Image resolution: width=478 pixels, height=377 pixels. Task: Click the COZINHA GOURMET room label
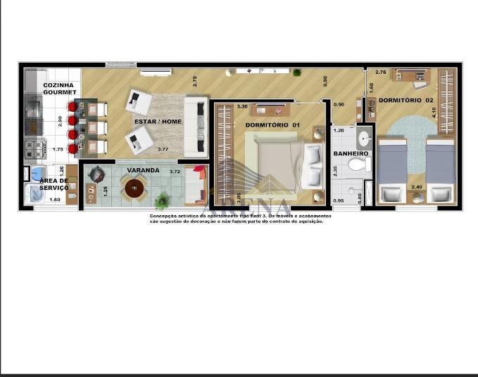(59, 88)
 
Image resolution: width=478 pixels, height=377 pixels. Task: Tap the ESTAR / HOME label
(158, 122)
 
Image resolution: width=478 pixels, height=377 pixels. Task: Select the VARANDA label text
(143, 170)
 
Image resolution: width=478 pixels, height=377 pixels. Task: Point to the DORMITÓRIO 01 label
(272, 125)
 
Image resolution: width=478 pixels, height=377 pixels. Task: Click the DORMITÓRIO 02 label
(405, 101)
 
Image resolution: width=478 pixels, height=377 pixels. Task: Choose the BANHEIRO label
(351, 153)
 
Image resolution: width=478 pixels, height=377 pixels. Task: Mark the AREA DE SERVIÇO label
(54, 184)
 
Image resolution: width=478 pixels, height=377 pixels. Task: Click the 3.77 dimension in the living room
(162, 149)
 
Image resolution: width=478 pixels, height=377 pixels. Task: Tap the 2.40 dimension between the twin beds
(417, 186)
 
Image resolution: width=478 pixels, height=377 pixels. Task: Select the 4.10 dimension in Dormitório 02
(434, 112)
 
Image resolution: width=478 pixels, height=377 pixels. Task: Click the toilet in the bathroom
(358, 165)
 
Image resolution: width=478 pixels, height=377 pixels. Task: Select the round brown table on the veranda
(134, 188)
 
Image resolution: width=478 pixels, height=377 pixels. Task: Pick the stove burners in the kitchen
(34, 148)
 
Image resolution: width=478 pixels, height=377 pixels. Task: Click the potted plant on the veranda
(163, 200)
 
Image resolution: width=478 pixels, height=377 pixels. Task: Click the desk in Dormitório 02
(411, 75)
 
